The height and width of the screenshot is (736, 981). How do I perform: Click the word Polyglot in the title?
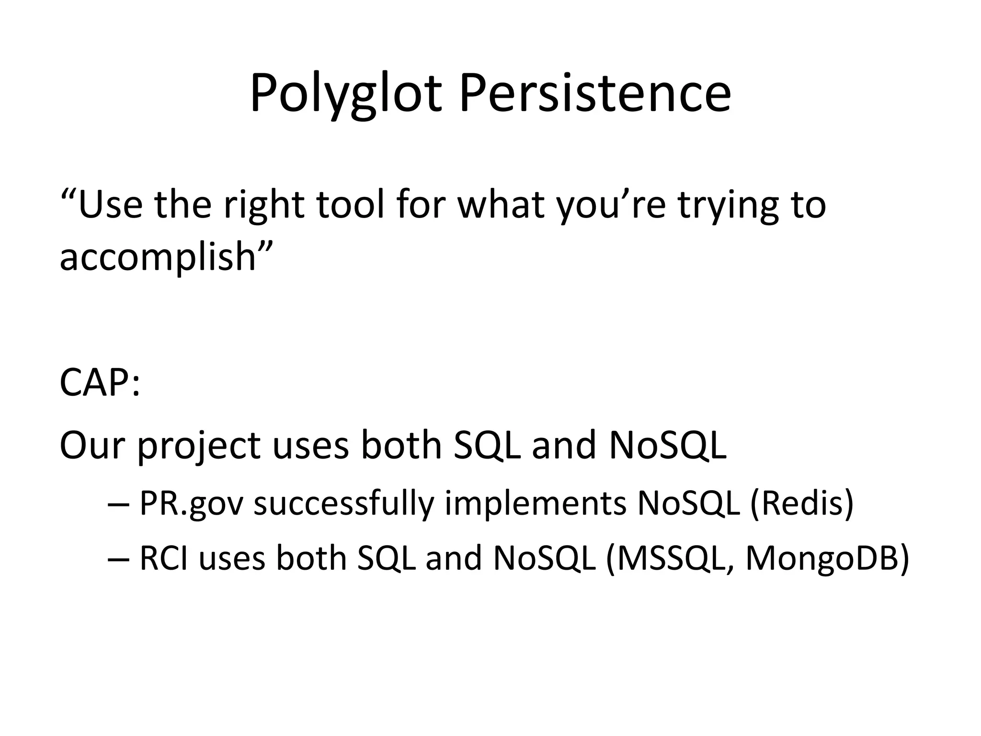[x=345, y=93]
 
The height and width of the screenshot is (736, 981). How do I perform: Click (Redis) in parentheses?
[x=801, y=503]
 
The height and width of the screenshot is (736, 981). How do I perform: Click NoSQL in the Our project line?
[x=667, y=445]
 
